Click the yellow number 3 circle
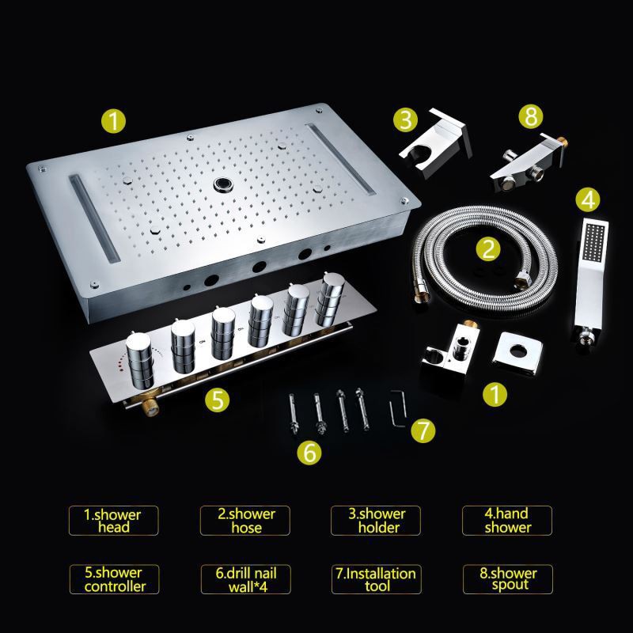(x=405, y=119)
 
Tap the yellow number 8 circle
(x=531, y=116)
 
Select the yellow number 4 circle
(x=588, y=199)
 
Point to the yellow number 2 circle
(x=488, y=248)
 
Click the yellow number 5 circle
(x=217, y=400)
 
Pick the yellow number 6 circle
(x=309, y=452)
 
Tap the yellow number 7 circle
(x=423, y=430)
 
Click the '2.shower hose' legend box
(x=245, y=521)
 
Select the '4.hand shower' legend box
(x=507, y=521)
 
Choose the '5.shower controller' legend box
(x=115, y=579)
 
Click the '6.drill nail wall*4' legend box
(x=246, y=579)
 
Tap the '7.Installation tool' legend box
(x=377, y=579)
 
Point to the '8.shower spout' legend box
(x=508, y=579)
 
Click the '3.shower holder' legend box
(x=375, y=521)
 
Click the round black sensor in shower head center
(x=223, y=184)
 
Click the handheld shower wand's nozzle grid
(x=594, y=242)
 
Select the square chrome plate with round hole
(x=517, y=353)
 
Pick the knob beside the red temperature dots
(x=140, y=361)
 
